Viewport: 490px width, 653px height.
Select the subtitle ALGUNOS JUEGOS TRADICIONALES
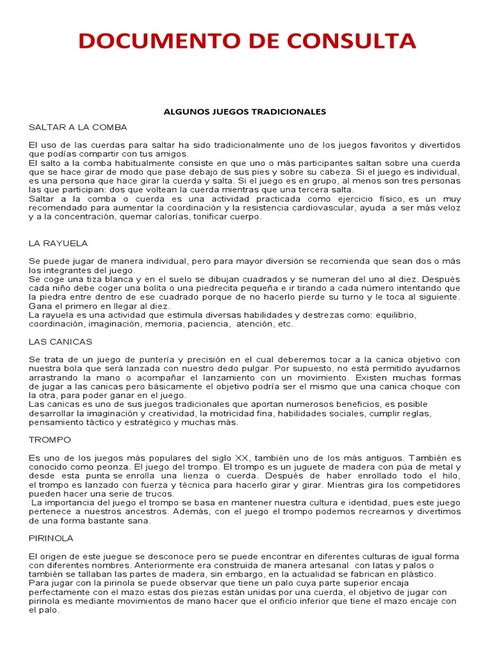coord(245,112)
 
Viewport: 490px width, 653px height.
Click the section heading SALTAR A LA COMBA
coord(78,127)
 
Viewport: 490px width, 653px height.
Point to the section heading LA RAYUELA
coord(58,244)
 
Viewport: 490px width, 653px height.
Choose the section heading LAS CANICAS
coord(61,342)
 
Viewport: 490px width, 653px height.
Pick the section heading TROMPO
coord(50,440)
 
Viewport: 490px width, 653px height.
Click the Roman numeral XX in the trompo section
coord(242,458)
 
